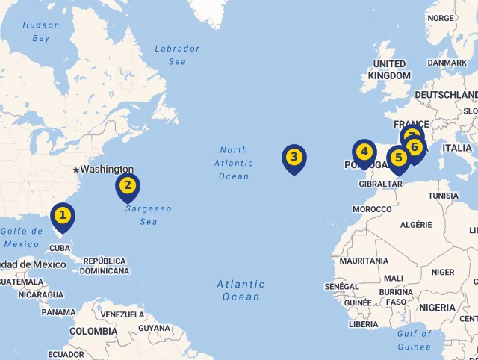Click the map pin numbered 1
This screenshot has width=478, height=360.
coord(63,216)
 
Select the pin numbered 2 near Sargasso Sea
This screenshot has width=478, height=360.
coord(128,186)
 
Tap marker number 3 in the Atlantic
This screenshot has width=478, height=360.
coord(294,157)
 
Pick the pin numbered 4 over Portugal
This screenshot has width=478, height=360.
coord(364,152)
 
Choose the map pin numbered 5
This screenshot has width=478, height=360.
coord(399,158)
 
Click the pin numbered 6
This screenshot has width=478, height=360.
coord(415,147)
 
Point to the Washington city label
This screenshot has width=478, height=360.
coord(108,170)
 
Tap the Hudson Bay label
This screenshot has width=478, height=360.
coord(41,31)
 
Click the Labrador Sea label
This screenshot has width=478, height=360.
coord(177,55)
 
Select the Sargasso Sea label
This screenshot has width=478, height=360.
coord(149,215)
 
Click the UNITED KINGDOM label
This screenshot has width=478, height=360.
coord(389,69)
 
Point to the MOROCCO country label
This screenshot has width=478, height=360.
coord(372,209)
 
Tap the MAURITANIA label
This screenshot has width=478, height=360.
coord(364,261)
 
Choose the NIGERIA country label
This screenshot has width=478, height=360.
coord(437,308)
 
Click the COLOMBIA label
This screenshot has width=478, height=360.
coord(93,331)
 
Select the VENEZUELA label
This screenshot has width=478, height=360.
coord(121,314)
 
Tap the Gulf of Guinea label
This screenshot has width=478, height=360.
coord(415,341)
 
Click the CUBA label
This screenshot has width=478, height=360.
coord(60,248)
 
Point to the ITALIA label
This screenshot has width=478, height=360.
coord(457,148)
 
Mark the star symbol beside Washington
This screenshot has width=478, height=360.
coord(75,170)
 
